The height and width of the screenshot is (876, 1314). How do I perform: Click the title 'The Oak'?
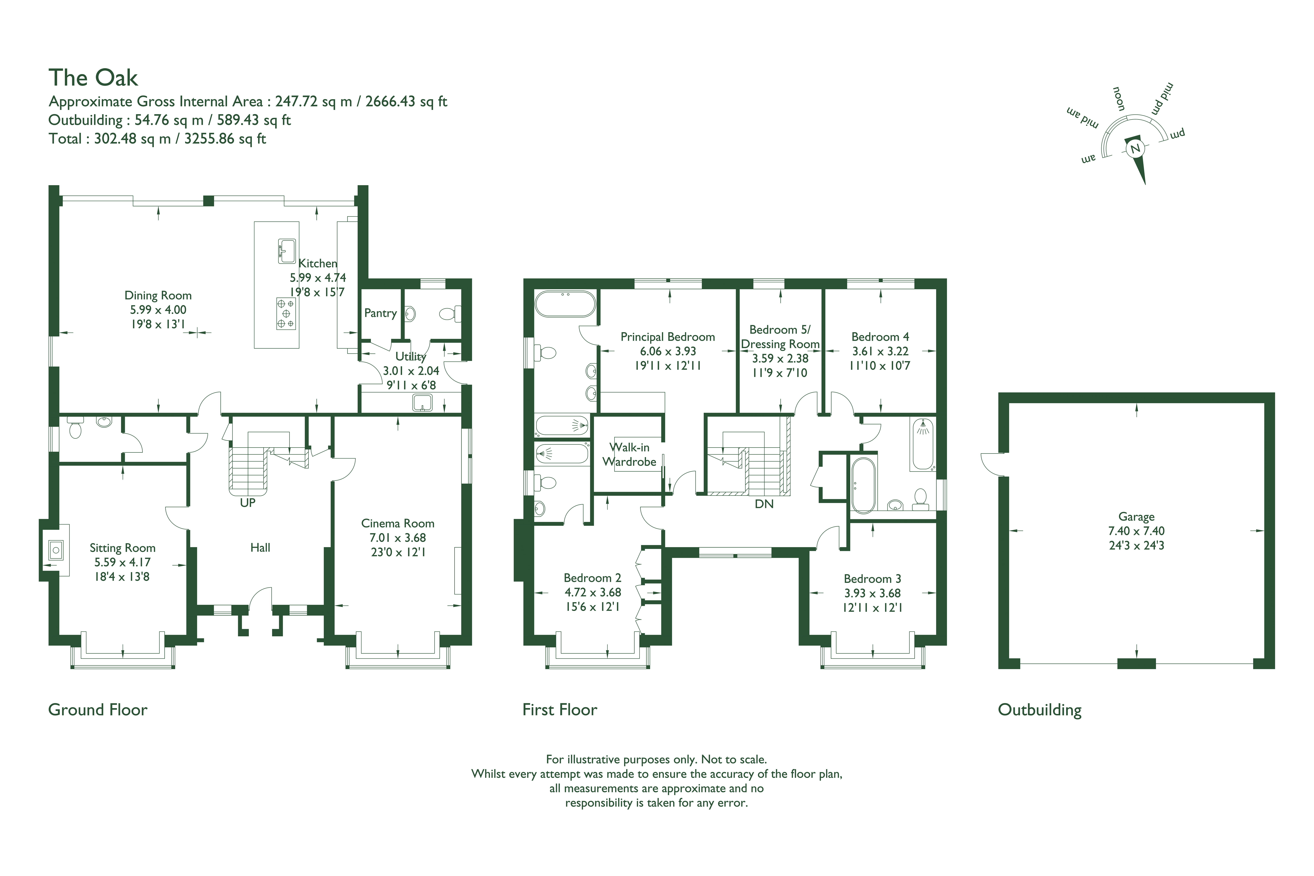pyautogui.click(x=93, y=78)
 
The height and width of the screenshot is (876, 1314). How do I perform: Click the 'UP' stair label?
pyautogui.click(x=248, y=503)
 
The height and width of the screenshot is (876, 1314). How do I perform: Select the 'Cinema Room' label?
pyautogui.click(x=398, y=523)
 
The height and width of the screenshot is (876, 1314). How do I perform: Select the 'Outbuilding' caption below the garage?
pyautogui.click(x=1040, y=710)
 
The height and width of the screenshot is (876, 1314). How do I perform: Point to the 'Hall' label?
pyautogui.click(x=260, y=548)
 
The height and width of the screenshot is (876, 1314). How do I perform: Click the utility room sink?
pyautogui.click(x=422, y=402)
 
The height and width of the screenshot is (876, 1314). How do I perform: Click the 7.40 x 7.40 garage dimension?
pyautogui.click(x=1136, y=531)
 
